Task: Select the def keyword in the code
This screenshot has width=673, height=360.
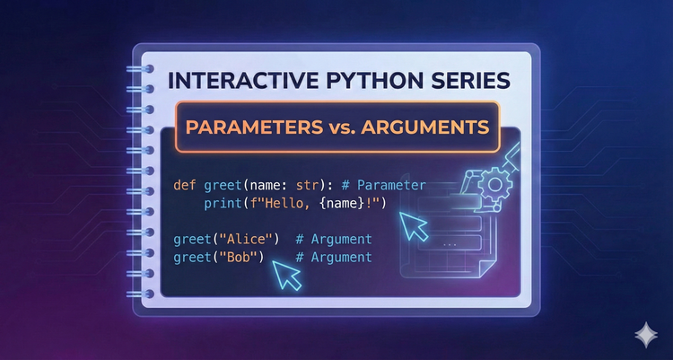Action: click(185, 186)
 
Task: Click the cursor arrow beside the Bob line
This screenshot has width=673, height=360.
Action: click(286, 275)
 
